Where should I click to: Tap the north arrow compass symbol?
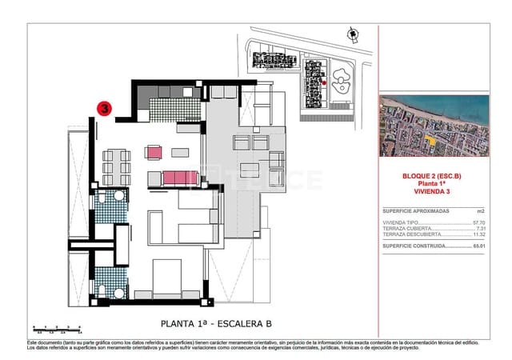[x=351, y=33]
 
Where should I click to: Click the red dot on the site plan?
[x=322, y=81]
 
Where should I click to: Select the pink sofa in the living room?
[x=179, y=177]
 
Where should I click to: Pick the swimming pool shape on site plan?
[x=342, y=80]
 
